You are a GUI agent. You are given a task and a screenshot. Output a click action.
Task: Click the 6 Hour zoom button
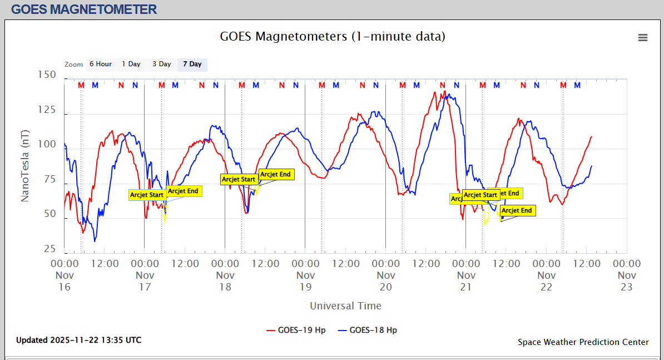(101, 64)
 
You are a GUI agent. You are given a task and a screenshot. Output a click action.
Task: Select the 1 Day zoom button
(131, 64)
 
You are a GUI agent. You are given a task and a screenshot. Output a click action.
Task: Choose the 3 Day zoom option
(162, 64)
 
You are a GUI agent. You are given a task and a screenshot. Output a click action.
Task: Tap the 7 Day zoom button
(192, 64)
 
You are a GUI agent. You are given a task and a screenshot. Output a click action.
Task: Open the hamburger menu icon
(643, 37)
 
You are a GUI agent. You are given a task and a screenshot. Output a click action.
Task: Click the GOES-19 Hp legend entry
(296, 330)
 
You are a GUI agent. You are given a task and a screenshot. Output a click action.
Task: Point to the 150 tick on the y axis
(47, 75)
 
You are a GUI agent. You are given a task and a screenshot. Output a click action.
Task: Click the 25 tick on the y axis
(49, 249)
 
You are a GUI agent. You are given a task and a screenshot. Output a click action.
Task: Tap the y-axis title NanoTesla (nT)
(25, 166)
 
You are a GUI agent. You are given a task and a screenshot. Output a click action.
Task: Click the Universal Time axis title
(345, 305)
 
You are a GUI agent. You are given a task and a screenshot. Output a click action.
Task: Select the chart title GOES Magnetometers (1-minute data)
(333, 37)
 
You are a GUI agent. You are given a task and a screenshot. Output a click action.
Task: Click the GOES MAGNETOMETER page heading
(84, 9)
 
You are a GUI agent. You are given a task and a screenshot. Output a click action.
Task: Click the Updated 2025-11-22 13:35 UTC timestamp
(78, 340)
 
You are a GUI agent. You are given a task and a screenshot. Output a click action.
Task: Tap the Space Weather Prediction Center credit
(583, 342)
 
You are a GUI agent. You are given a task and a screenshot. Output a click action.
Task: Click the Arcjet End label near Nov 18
(276, 174)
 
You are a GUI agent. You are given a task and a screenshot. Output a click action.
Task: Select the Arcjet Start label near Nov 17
(147, 195)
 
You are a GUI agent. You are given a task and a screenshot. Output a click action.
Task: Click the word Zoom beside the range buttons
(73, 65)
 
